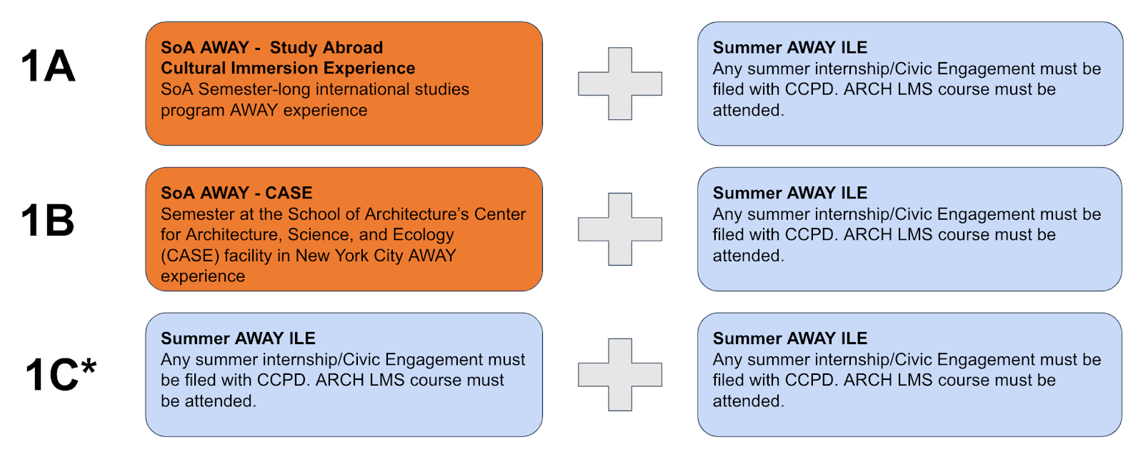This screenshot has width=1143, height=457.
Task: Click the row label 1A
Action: point(48,66)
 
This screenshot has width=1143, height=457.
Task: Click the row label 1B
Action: point(47,221)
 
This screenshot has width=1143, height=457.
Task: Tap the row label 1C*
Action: point(61,374)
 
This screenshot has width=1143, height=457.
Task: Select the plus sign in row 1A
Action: point(620,84)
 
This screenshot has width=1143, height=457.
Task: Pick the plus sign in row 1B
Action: point(620,229)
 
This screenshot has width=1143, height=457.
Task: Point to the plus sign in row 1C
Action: point(620,374)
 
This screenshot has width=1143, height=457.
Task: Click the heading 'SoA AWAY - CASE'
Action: point(236,193)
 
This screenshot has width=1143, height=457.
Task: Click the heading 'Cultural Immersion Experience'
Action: point(288,69)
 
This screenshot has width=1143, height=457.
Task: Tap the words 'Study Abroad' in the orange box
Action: point(326,47)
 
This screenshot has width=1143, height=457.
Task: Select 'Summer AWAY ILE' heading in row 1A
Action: point(790,47)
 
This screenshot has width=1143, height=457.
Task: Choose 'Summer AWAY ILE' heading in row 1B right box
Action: point(790,193)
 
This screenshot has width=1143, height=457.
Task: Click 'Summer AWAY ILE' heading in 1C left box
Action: point(238,338)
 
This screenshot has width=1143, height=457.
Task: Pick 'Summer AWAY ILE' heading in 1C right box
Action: point(790,338)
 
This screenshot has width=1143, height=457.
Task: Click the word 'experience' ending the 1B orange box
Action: point(203,276)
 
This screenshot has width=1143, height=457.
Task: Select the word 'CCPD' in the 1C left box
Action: point(285,380)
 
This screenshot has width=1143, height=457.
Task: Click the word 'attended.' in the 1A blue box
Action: point(748,110)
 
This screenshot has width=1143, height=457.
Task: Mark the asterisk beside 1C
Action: point(89,366)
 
